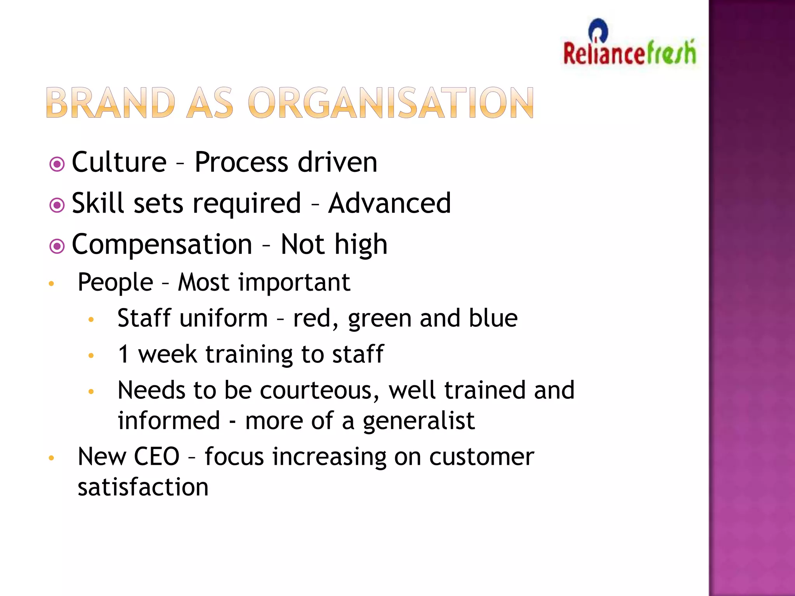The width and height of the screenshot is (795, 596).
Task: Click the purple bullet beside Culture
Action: (57, 164)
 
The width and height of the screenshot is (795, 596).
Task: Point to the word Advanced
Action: (389, 203)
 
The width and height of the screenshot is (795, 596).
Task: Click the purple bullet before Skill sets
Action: (57, 205)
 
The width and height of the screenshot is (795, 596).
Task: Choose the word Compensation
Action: (162, 245)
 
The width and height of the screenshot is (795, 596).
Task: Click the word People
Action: (115, 282)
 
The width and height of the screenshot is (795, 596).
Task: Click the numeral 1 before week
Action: (123, 354)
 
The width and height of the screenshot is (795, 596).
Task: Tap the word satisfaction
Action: (143, 487)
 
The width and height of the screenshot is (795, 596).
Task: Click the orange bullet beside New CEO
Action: (51, 458)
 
